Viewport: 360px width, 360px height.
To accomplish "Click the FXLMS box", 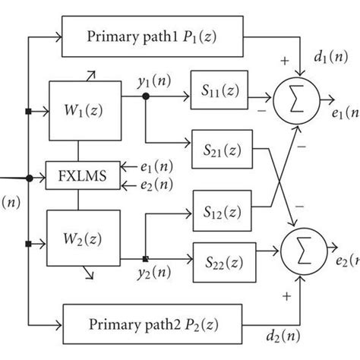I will point(77,177).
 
